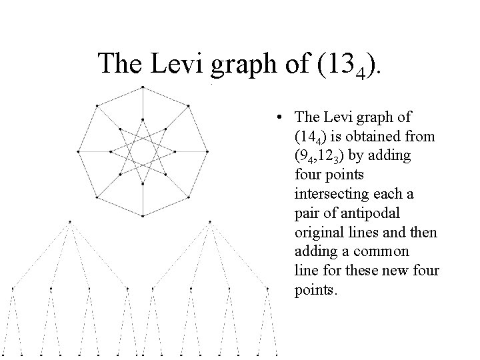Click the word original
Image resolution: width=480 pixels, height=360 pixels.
tap(317, 233)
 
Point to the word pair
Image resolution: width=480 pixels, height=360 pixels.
tap(308, 214)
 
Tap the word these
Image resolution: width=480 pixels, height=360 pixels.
tap(349, 272)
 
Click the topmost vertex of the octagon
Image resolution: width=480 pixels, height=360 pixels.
tap(143, 87)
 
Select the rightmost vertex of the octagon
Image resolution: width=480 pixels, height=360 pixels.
tap(207, 151)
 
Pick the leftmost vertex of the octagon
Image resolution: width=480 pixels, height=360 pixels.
tap(79, 151)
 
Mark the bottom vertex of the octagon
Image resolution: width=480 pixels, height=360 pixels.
tap(143, 216)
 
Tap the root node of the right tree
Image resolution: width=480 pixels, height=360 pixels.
tap(210, 221)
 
